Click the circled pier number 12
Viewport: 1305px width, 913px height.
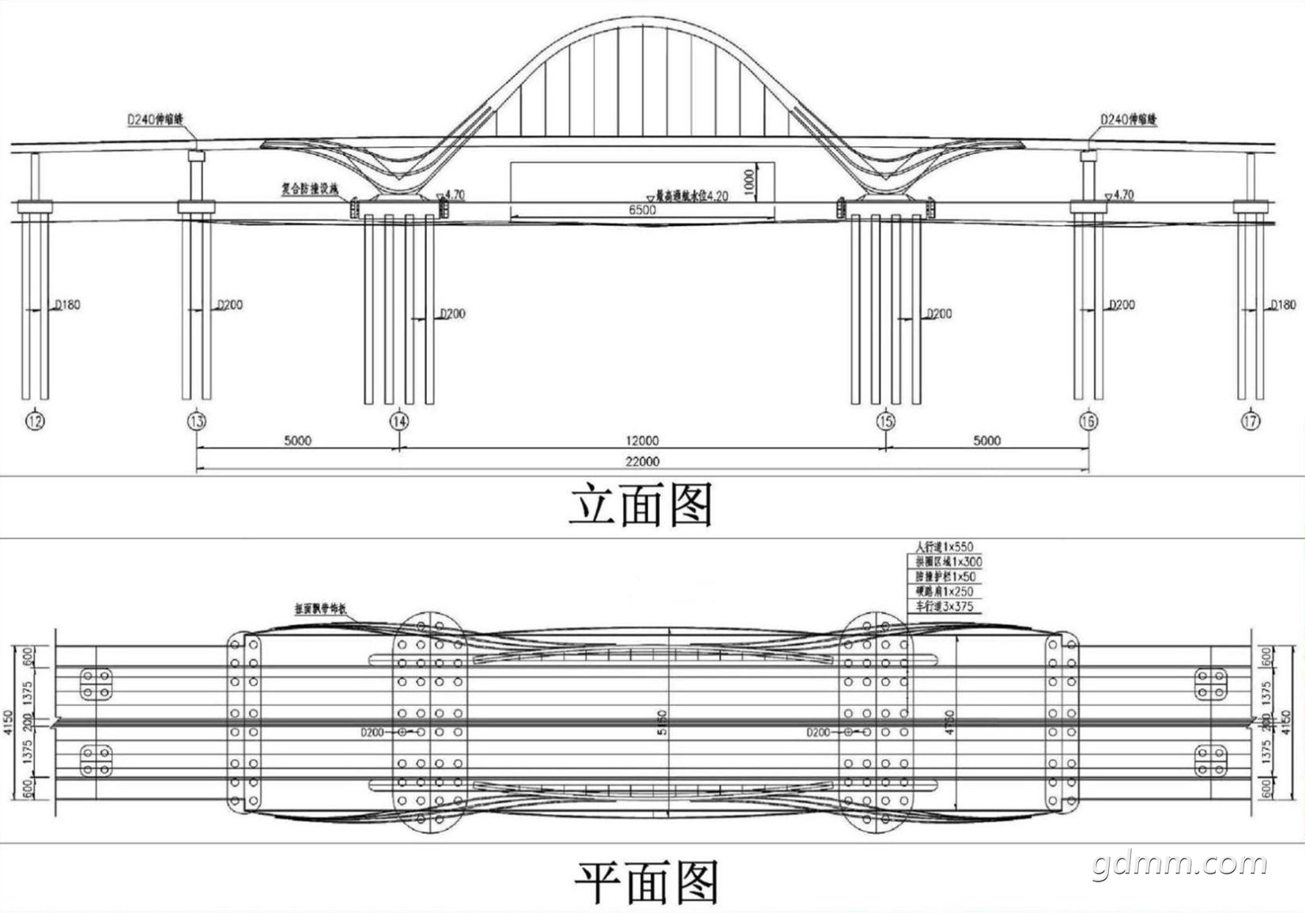(35, 421)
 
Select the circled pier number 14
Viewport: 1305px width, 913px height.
(400, 421)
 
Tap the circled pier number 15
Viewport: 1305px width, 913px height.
(885, 421)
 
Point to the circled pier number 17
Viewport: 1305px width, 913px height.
(1250, 421)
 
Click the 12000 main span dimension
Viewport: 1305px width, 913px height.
(642, 441)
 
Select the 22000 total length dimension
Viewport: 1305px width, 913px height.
(642, 462)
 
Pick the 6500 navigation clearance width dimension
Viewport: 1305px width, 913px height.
(642, 210)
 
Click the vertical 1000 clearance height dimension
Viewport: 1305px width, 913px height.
(749, 183)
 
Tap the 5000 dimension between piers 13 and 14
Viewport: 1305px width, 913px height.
(297, 441)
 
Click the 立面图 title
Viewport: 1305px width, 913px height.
(641, 505)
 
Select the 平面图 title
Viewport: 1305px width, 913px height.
(645, 882)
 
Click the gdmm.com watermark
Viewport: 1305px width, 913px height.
(1181, 865)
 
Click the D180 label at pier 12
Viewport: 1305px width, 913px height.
(66, 305)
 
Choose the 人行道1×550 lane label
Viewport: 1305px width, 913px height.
(944, 546)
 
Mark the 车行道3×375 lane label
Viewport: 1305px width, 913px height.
(944, 606)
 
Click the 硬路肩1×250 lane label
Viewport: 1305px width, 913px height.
(944, 591)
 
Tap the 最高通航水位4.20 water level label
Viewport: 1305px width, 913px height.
(691, 195)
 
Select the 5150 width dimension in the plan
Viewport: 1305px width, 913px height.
(662, 722)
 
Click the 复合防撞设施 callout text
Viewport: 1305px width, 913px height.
(310, 189)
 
